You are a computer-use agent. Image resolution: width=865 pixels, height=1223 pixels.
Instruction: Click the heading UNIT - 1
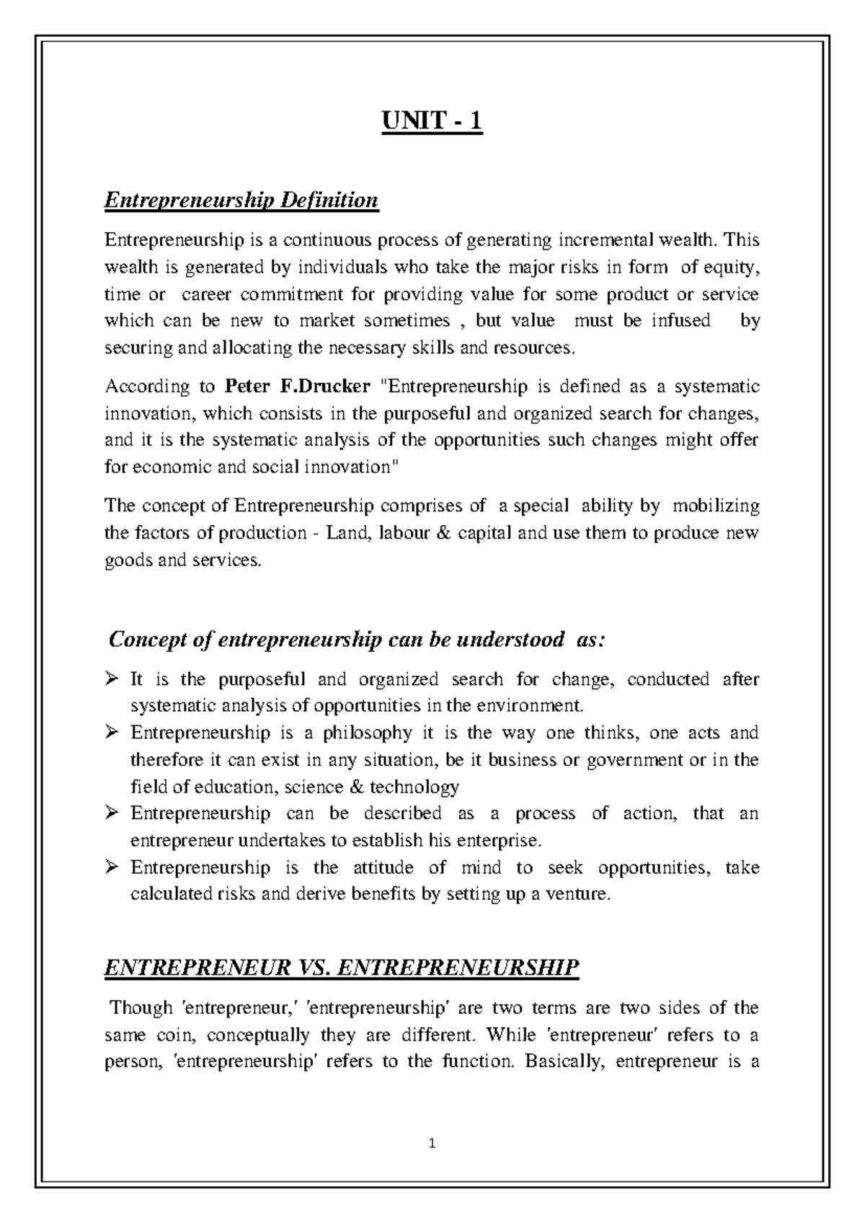point(432,121)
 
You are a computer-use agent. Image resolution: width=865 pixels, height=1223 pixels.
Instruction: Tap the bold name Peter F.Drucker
point(298,387)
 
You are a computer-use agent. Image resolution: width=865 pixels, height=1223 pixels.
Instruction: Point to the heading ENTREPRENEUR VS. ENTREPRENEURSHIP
point(342,967)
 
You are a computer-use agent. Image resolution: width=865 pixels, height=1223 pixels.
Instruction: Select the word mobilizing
point(716,506)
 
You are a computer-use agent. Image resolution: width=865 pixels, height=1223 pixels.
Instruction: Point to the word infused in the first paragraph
point(681,320)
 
